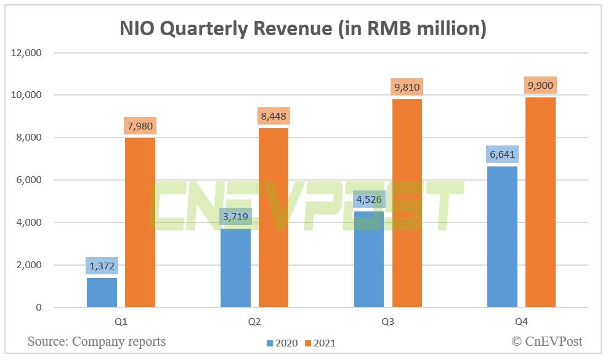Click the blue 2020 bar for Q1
102,293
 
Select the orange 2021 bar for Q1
140,223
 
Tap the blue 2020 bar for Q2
235,268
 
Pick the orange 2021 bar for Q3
407,203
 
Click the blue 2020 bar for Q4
502,237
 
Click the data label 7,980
140,126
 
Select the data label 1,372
102,266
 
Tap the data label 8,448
274,116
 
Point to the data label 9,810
407,87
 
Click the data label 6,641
502,154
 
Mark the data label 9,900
540,85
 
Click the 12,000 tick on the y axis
26,53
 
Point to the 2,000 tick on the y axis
29,265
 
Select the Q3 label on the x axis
388,322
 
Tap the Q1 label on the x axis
121,322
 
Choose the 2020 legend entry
282,343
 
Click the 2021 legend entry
320,343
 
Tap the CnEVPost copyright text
547,341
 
